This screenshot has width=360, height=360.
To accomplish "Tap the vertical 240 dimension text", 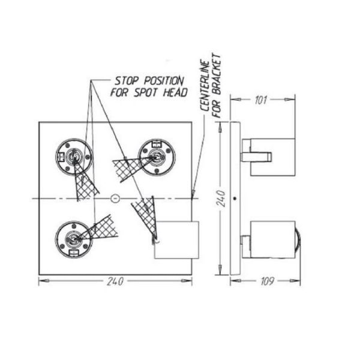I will pos(220,197).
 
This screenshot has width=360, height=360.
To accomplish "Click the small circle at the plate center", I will pos(116,197).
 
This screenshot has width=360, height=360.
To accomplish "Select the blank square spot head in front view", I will pos(176,239).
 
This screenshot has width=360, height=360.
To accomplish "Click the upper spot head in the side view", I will pos(272,157).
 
